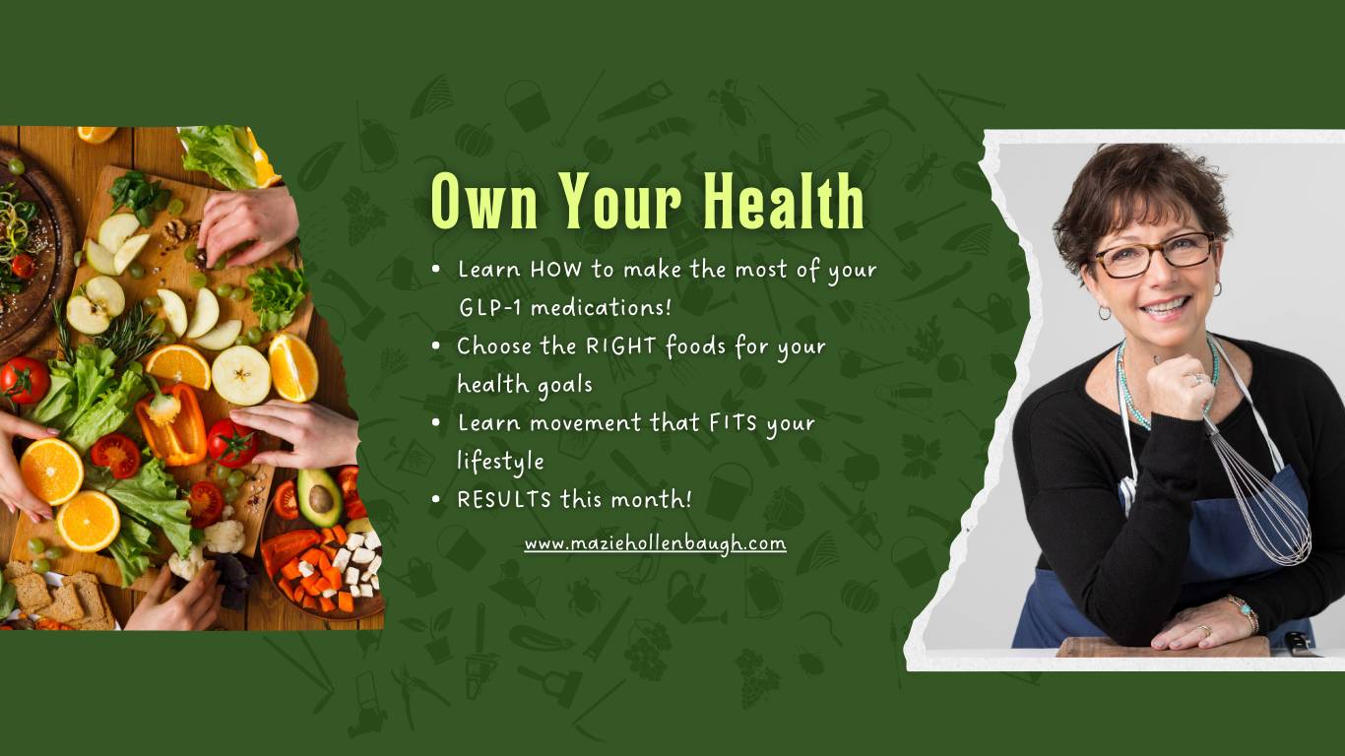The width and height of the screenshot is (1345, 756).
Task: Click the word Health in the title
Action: (784, 200)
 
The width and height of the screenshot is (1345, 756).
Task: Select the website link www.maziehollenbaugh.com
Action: (655, 544)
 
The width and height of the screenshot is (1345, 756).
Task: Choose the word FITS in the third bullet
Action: (733, 423)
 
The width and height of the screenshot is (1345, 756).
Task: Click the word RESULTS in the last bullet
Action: (504, 500)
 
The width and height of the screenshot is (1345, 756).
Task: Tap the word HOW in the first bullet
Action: (555, 270)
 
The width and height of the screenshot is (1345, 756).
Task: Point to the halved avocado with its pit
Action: (319, 496)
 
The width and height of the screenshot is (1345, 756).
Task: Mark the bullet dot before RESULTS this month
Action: (436, 499)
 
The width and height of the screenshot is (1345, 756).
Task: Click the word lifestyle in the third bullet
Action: (501, 462)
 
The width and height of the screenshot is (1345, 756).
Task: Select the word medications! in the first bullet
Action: (601, 308)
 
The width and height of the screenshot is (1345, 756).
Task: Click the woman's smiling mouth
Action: (1165, 307)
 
